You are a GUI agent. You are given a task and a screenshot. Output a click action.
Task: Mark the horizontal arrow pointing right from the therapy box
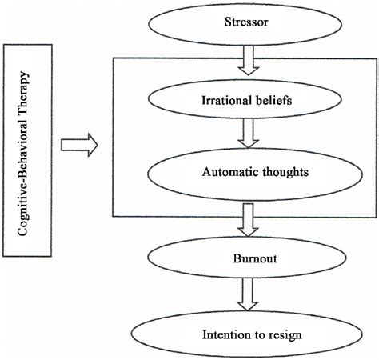(x=80, y=145)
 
